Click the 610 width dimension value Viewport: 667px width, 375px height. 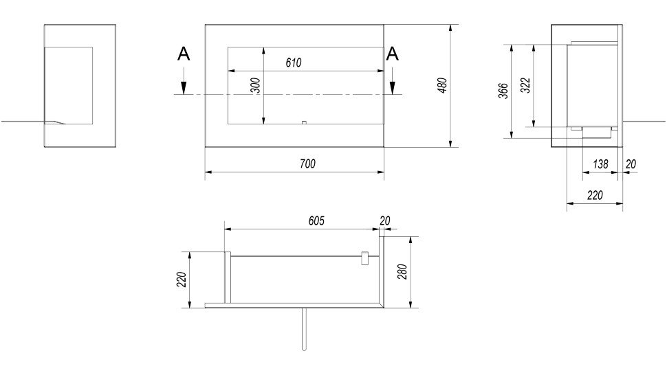[294, 63]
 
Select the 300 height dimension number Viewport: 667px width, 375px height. [255, 86]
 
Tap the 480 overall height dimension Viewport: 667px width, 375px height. [442, 85]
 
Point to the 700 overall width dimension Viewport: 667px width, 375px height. [307, 164]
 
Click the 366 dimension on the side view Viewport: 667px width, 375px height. [503, 91]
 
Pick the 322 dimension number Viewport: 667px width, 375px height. [526, 85]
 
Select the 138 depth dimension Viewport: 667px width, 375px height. [600, 164]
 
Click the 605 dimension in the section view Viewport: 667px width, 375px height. [316, 221]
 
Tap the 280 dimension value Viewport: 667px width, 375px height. [402, 272]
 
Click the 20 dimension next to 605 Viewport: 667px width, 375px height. [385, 221]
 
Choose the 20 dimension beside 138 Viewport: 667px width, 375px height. [631, 164]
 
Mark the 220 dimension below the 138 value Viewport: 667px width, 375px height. [595, 195]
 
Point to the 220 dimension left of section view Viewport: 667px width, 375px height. [182, 280]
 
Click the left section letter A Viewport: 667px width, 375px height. [184, 54]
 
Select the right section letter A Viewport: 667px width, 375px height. [392, 54]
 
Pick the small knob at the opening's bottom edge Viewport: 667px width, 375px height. [304, 123]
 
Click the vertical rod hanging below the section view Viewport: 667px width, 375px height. [304, 329]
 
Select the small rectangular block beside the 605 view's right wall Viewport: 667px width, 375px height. [364, 258]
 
